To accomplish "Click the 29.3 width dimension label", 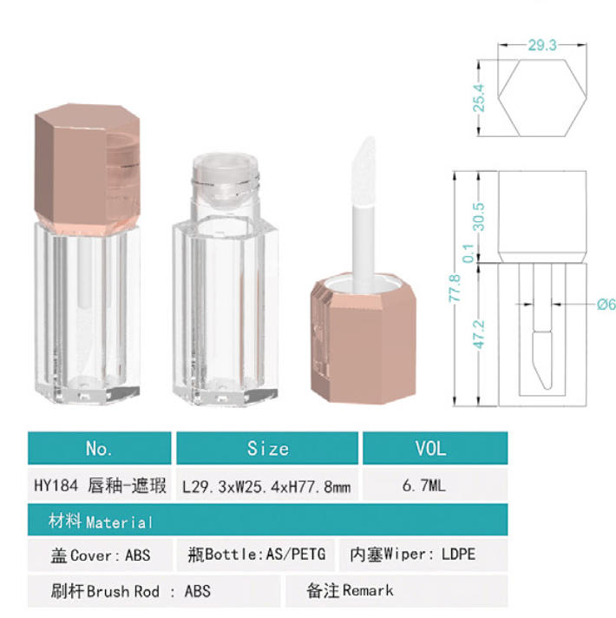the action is point(542,45).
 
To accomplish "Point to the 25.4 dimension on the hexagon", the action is point(479,98).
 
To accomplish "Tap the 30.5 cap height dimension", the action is point(479,217).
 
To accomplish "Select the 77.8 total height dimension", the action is point(455,288).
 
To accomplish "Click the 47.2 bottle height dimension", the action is point(479,334).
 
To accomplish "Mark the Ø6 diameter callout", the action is point(606,305).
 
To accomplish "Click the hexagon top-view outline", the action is point(542,60).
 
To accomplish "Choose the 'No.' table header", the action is point(99,449).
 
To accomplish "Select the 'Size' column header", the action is point(268,449).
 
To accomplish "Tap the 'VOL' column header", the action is point(430,449).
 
